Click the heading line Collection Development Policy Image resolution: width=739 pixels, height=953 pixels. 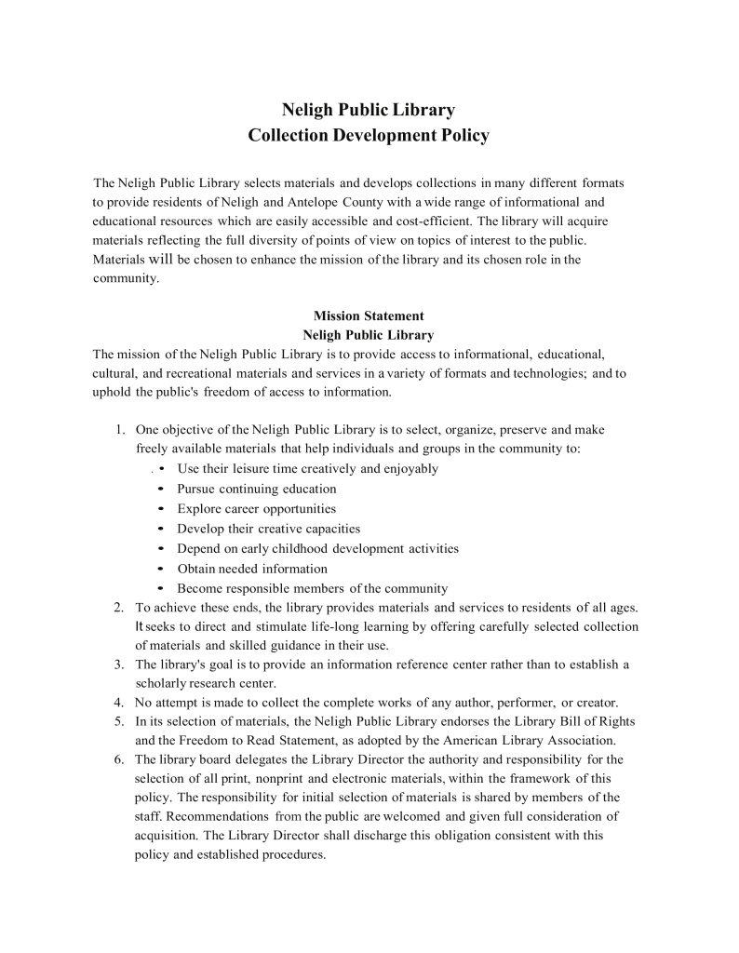coord(369,136)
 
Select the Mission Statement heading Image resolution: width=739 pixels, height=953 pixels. coord(369,315)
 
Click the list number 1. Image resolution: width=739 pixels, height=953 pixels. coord(119,430)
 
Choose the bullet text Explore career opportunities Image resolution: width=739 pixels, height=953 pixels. coord(256,509)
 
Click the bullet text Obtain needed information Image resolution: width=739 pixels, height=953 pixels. coord(252,569)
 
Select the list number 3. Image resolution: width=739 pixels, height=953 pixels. coord(119,664)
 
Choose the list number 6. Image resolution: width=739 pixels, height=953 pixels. coord(119,759)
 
